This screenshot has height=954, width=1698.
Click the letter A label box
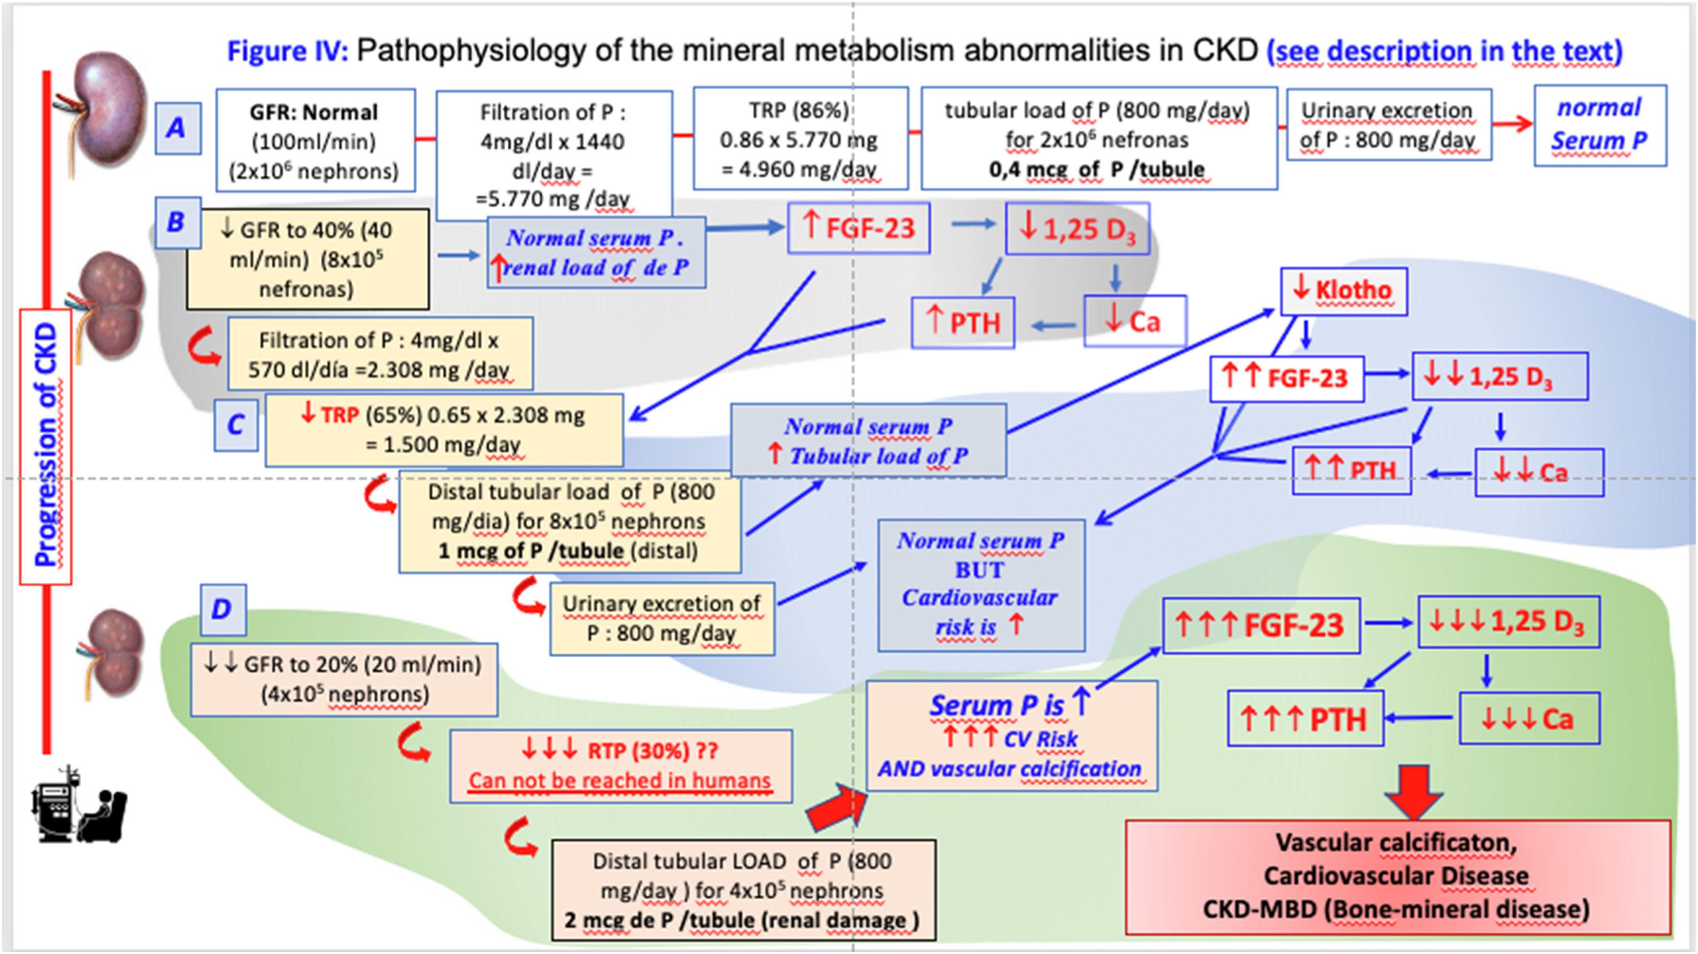[178, 127]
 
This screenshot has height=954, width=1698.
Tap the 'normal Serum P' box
[1600, 125]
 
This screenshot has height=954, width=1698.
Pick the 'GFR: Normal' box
[315, 141]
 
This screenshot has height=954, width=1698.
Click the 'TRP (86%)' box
[800, 139]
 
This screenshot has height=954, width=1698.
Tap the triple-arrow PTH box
[1304, 719]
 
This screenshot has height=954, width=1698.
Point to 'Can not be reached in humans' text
[620, 781]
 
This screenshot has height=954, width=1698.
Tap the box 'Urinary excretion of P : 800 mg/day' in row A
[1388, 125]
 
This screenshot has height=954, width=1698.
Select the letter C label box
[235, 425]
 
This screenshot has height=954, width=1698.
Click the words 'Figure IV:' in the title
[287, 51]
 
